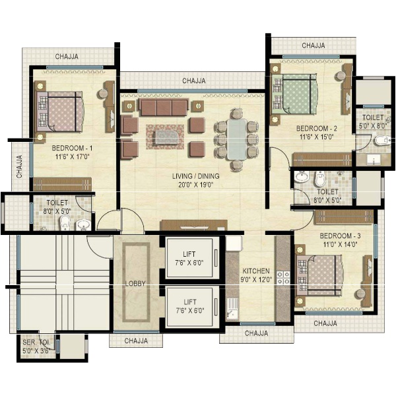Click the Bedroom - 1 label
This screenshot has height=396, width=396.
72,148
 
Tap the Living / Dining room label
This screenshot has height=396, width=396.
196,176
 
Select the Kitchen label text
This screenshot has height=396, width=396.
256,271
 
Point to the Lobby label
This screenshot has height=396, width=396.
135,284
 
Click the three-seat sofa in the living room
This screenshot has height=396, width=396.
164,108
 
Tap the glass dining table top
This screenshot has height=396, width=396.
237,139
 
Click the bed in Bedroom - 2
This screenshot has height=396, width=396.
294,94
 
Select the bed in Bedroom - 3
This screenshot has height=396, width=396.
320,275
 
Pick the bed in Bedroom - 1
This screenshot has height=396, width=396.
59,112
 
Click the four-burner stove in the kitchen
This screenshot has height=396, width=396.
283,278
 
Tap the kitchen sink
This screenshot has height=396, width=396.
232,309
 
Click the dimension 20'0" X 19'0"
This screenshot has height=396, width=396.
196,185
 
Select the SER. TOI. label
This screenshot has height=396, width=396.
36,343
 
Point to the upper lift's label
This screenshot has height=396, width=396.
189,254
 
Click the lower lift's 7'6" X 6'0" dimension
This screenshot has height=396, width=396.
190,310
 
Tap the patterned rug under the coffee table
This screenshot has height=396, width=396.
165,137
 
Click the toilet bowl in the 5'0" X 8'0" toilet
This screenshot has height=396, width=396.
383,141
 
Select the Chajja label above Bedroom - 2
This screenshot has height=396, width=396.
313,46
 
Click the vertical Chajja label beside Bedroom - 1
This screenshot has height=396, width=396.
19,166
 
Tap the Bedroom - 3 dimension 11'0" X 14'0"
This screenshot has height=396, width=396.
340,244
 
